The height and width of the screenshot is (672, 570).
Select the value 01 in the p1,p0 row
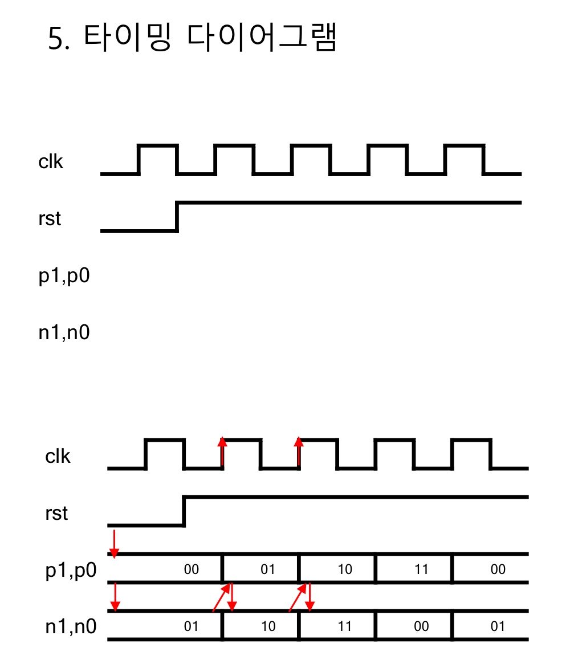[268, 569]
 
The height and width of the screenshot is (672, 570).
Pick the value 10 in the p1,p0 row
[345, 569]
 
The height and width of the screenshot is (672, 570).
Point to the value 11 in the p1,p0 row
[421, 569]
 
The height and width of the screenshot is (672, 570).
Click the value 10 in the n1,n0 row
[268, 626]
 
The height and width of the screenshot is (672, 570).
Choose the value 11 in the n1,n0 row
[345, 626]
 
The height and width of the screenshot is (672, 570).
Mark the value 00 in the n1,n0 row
[421, 626]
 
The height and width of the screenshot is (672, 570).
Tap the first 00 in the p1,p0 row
[192, 569]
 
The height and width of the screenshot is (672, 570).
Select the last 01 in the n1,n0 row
[498, 626]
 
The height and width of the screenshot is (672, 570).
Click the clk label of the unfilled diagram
[51, 162]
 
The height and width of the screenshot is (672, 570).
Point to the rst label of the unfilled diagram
[50, 219]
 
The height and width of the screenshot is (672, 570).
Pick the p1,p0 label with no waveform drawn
[64, 276]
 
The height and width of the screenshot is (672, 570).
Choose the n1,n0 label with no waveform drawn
[64, 332]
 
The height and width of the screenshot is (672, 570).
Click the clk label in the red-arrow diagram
[58, 457]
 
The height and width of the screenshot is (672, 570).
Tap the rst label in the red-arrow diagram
[56, 514]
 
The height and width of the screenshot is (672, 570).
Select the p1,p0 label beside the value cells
[71, 571]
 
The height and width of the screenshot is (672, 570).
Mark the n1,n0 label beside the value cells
[71, 627]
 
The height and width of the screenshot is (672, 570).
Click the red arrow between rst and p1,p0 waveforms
[115, 543]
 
